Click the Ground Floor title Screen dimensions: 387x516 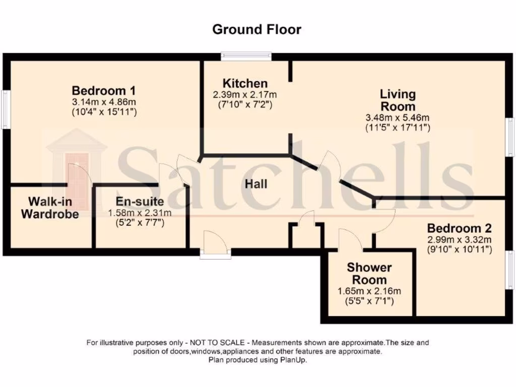point(256,29)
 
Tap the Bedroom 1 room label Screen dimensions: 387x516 point(104,91)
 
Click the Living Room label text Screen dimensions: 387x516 point(398,100)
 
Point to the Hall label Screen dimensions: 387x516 point(256,184)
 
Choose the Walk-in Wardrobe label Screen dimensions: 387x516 point(50,208)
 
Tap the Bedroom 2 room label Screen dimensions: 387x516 point(459,228)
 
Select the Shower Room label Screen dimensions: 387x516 point(369,274)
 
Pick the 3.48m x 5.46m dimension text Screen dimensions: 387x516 point(398,118)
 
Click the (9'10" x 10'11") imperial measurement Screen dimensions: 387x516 point(459,249)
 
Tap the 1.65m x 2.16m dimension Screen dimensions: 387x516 point(369,291)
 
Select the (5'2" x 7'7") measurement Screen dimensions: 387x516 point(140,223)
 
